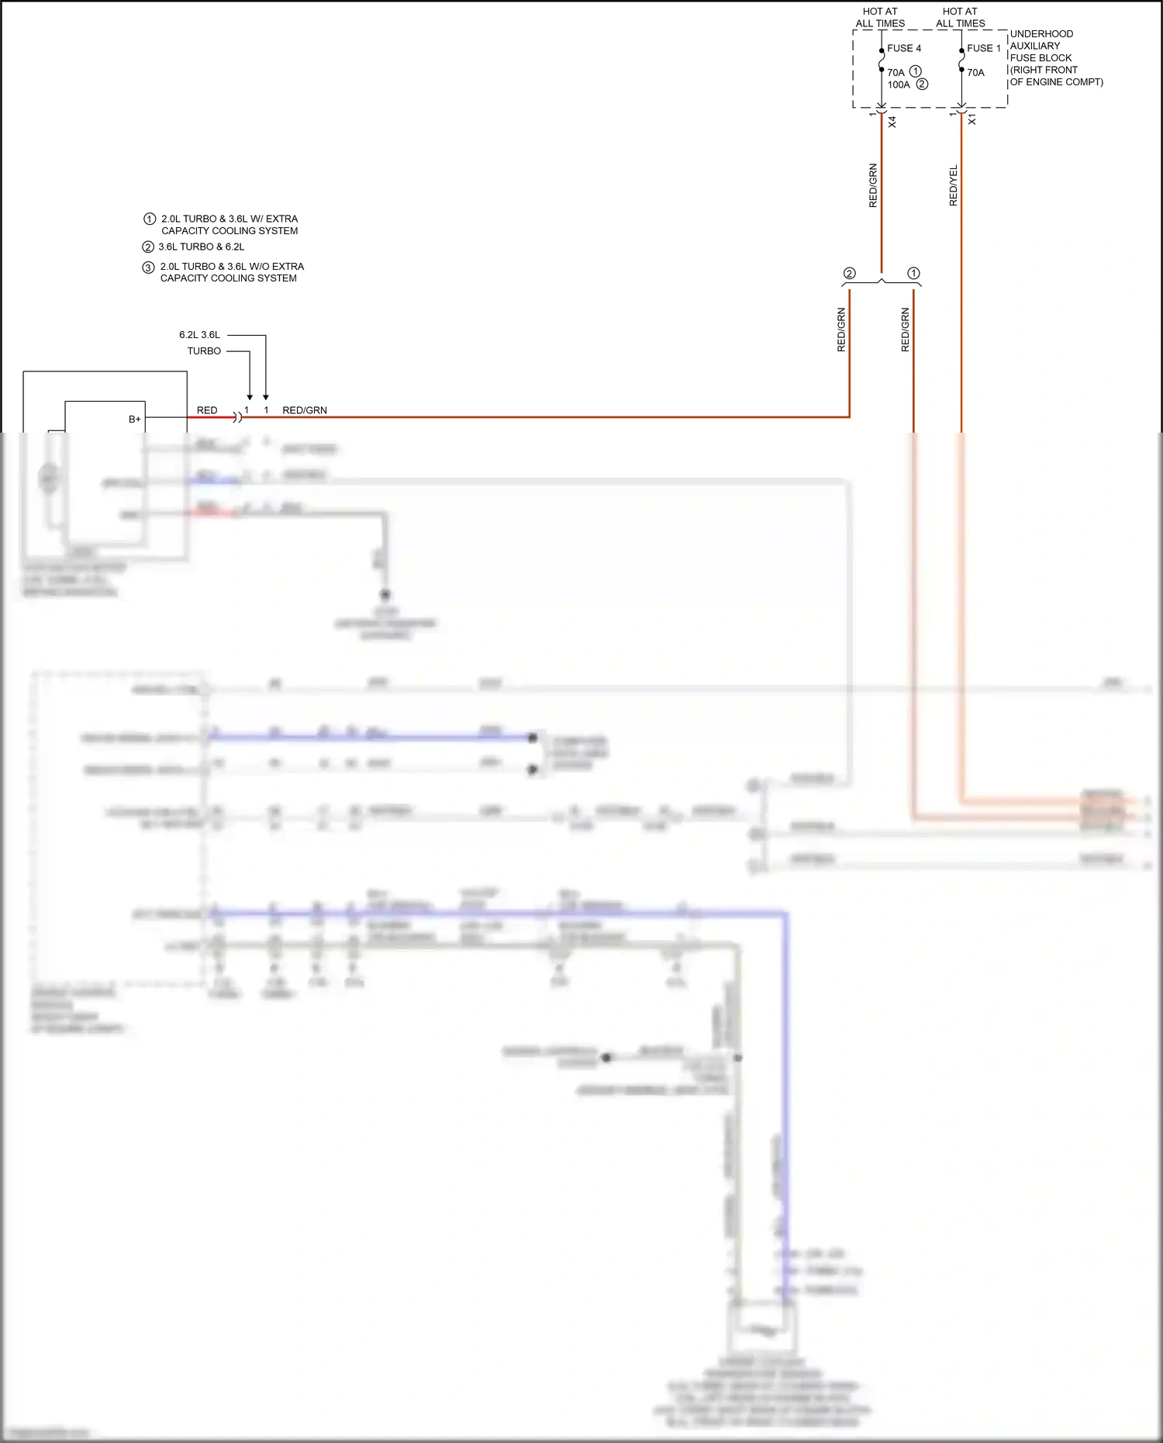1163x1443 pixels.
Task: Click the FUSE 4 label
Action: pos(904,48)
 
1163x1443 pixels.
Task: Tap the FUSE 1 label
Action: pos(984,48)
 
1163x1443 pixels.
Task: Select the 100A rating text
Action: pos(899,85)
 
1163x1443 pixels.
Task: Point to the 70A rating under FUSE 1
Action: pos(975,73)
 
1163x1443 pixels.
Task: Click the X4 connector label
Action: pos(892,122)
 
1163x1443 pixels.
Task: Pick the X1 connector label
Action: pos(971,120)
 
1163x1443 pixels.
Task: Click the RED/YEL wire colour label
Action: pos(954,185)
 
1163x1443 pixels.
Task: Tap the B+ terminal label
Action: pos(135,419)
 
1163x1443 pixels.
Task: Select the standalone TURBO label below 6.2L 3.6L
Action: pos(204,351)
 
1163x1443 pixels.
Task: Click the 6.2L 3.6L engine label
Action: pos(199,335)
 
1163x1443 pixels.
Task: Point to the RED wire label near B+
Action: pos(207,410)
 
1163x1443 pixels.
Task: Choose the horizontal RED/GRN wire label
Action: pos(305,410)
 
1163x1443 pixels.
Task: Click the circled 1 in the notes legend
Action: pos(150,219)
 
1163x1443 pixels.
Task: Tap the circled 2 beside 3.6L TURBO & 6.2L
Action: pos(148,247)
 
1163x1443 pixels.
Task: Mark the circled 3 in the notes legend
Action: pos(148,268)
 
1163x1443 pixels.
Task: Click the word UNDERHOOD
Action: pos(1041,34)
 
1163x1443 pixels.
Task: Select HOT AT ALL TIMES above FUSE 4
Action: pos(880,17)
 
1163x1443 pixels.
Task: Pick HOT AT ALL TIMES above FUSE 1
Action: pos(960,17)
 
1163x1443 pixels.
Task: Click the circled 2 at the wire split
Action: pos(850,273)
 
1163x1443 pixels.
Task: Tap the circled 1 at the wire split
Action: pos(913,273)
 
